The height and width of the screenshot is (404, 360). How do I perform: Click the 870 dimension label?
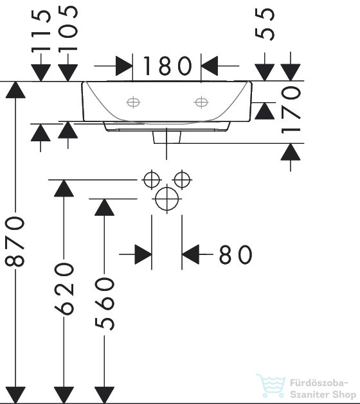coord(15,241)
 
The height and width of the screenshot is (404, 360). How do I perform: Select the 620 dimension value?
coord(64,289)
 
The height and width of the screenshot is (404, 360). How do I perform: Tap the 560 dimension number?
coord(104,304)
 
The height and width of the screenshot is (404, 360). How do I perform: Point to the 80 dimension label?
coord(235,254)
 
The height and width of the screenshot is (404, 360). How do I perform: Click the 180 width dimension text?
coord(167,66)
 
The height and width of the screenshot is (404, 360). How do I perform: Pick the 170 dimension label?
coord(291,110)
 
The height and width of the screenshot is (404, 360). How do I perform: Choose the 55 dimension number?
coord(265,24)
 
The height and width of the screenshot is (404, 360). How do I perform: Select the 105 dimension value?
coord(68,29)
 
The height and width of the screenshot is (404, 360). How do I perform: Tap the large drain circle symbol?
coord(167,199)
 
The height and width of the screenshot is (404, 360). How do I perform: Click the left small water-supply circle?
coord(152,180)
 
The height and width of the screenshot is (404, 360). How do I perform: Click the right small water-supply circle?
coord(182,180)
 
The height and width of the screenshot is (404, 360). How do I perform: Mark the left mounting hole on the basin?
coord(133,102)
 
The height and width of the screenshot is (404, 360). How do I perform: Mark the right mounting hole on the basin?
coord(201,102)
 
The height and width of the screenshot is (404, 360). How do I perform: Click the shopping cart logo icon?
coord(271,385)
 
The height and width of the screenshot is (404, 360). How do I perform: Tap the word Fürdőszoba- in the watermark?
coord(319,383)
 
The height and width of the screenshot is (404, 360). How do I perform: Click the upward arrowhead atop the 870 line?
coord(15,90)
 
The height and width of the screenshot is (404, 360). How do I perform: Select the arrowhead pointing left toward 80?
coord(190,254)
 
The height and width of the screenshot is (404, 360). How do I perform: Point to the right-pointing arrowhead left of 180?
coord(124,66)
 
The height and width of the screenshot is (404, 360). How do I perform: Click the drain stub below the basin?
coord(167,137)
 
